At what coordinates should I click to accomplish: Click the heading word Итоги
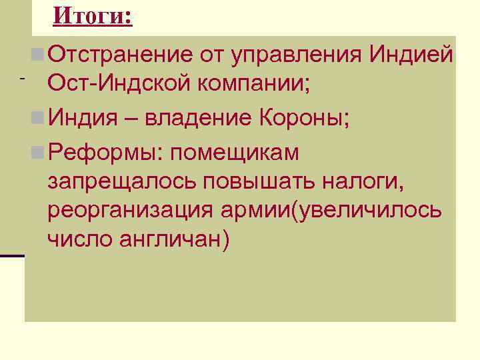[x=92, y=15]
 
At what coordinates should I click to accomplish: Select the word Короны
[x=300, y=119]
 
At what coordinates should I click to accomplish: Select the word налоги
[x=365, y=182]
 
